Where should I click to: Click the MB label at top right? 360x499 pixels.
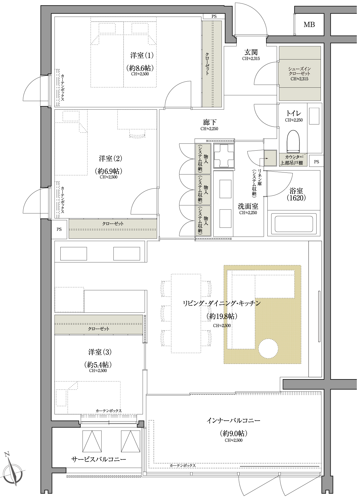click(x=309, y=25)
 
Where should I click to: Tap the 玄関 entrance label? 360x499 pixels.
click(x=251, y=52)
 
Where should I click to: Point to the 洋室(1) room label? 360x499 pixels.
click(x=142, y=55)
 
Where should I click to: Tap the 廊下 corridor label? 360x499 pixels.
click(x=209, y=122)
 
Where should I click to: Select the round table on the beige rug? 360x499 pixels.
click(x=268, y=348)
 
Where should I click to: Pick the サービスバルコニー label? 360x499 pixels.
click(x=98, y=459)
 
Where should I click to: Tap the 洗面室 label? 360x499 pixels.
click(x=248, y=206)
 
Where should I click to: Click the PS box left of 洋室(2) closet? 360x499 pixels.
click(x=59, y=229)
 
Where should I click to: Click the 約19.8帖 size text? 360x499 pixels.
click(x=222, y=316)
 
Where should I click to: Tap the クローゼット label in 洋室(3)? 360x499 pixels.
click(x=99, y=329)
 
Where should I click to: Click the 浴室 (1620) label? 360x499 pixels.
click(x=296, y=194)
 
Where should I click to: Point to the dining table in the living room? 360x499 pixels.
click(x=186, y=313)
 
